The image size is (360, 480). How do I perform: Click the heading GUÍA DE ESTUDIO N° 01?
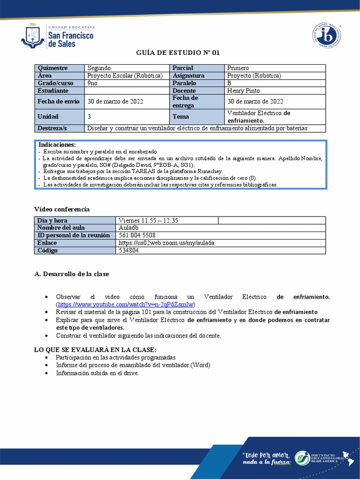coord(178,52)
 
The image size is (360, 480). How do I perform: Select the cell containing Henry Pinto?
coord(243,90)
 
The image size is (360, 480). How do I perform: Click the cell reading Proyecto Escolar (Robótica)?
coord(125,75)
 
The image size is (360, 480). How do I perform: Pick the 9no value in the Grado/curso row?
coord(92,83)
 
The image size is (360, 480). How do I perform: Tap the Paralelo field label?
coord(184,83)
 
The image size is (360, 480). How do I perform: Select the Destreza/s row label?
coord(52,128)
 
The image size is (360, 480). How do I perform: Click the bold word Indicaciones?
coord(57,145)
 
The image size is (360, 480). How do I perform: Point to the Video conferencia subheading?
coord(62,209)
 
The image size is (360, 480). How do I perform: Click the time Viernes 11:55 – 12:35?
coord(148,220)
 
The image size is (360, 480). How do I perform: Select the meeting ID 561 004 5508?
coord(137,235)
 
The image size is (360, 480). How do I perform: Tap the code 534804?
coord(129,250)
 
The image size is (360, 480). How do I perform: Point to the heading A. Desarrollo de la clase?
coord(72,274)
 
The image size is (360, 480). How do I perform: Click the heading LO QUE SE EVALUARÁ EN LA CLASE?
coord(95,350)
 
